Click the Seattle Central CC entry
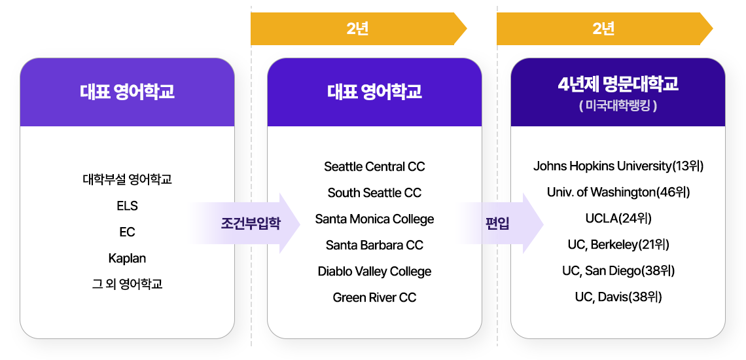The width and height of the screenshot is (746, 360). (x=374, y=167)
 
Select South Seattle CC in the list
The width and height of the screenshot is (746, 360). (x=374, y=193)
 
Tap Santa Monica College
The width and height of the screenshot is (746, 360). (x=374, y=219)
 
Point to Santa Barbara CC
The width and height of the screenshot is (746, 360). (x=374, y=245)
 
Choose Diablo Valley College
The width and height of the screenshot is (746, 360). (x=374, y=272)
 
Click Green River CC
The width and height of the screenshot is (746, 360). (x=374, y=298)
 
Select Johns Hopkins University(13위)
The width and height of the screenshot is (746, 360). (x=618, y=166)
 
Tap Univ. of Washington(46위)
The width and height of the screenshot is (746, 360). (x=618, y=192)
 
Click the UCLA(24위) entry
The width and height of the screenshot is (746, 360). (x=618, y=219)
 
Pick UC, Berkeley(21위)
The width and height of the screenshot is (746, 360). (x=618, y=245)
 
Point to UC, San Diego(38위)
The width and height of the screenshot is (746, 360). (x=618, y=271)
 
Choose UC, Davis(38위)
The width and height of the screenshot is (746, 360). (x=618, y=297)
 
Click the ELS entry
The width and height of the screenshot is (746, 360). (x=127, y=206)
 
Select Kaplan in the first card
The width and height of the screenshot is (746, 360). (x=127, y=259)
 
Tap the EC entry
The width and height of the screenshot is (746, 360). (x=127, y=232)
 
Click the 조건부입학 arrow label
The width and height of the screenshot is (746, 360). (x=251, y=223)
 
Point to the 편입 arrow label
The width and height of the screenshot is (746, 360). (x=497, y=223)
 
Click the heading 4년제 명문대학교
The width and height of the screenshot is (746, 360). (x=618, y=84)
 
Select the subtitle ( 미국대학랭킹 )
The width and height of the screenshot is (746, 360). (x=618, y=105)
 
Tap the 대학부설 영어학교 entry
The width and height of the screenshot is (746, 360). (x=127, y=179)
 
